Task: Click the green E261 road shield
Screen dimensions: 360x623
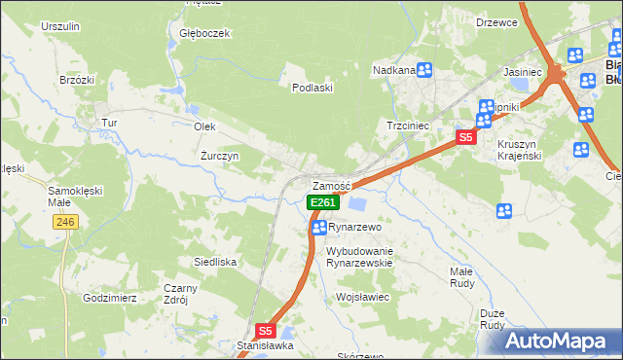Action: (323, 202)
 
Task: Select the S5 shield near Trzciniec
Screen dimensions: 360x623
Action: (466, 138)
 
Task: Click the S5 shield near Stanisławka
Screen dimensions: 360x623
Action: (267, 331)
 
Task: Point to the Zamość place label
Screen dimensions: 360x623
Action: (330, 186)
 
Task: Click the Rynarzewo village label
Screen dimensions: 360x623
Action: (352, 227)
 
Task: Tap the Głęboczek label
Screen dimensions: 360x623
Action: (204, 33)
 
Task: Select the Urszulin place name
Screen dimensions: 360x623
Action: (58, 25)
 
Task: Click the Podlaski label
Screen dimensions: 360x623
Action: (313, 87)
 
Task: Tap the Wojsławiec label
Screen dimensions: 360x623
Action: (362, 296)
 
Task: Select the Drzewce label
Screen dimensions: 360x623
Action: (496, 21)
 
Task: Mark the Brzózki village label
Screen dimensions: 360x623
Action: (76, 80)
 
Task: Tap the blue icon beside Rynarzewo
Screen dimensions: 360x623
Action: (318, 228)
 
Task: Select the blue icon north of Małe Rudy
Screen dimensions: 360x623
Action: (504, 210)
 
